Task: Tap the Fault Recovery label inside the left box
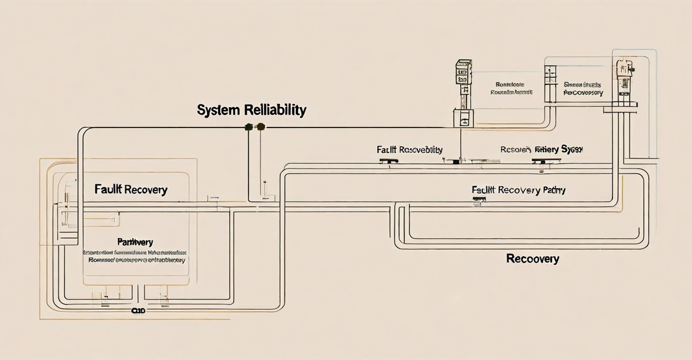(x=130, y=189)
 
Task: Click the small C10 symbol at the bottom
(x=138, y=310)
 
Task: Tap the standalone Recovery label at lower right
(x=532, y=258)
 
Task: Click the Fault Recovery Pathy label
(x=518, y=190)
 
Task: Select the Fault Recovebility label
(x=409, y=149)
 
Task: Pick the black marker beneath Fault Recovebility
(x=394, y=160)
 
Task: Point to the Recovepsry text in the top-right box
(x=583, y=92)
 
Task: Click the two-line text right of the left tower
(x=512, y=88)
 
